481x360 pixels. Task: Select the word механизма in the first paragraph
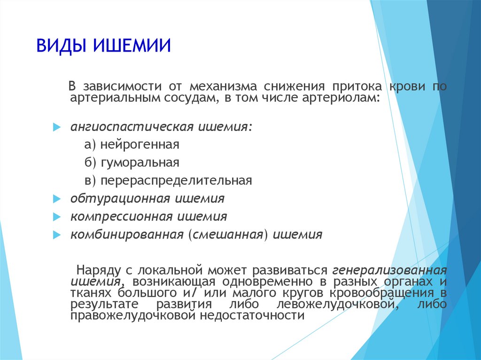[223, 86]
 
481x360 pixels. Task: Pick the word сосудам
[191, 98]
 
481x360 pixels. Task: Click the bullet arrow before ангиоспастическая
[57, 127]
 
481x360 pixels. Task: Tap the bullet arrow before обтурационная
[57, 199]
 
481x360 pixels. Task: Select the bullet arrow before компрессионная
[57, 217]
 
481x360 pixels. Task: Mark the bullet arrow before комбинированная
[57, 235]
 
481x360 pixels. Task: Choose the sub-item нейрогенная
[140, 145]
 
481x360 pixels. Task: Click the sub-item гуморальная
[140, 162]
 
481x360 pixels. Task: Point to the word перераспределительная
[177, 181]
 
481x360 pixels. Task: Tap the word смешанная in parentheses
[228, 235]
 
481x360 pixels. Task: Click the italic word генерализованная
[389, 271]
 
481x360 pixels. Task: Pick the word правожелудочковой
[132, 315]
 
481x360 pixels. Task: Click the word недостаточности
[252, 315]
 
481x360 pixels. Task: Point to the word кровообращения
[381, 293]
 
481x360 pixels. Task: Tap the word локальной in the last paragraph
[170, 270]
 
